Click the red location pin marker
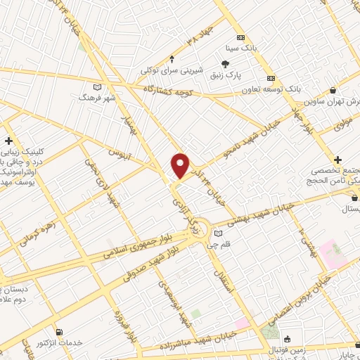click(181, 166)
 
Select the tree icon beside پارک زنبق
click(224, 64)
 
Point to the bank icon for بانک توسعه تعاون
click(271, 79)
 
